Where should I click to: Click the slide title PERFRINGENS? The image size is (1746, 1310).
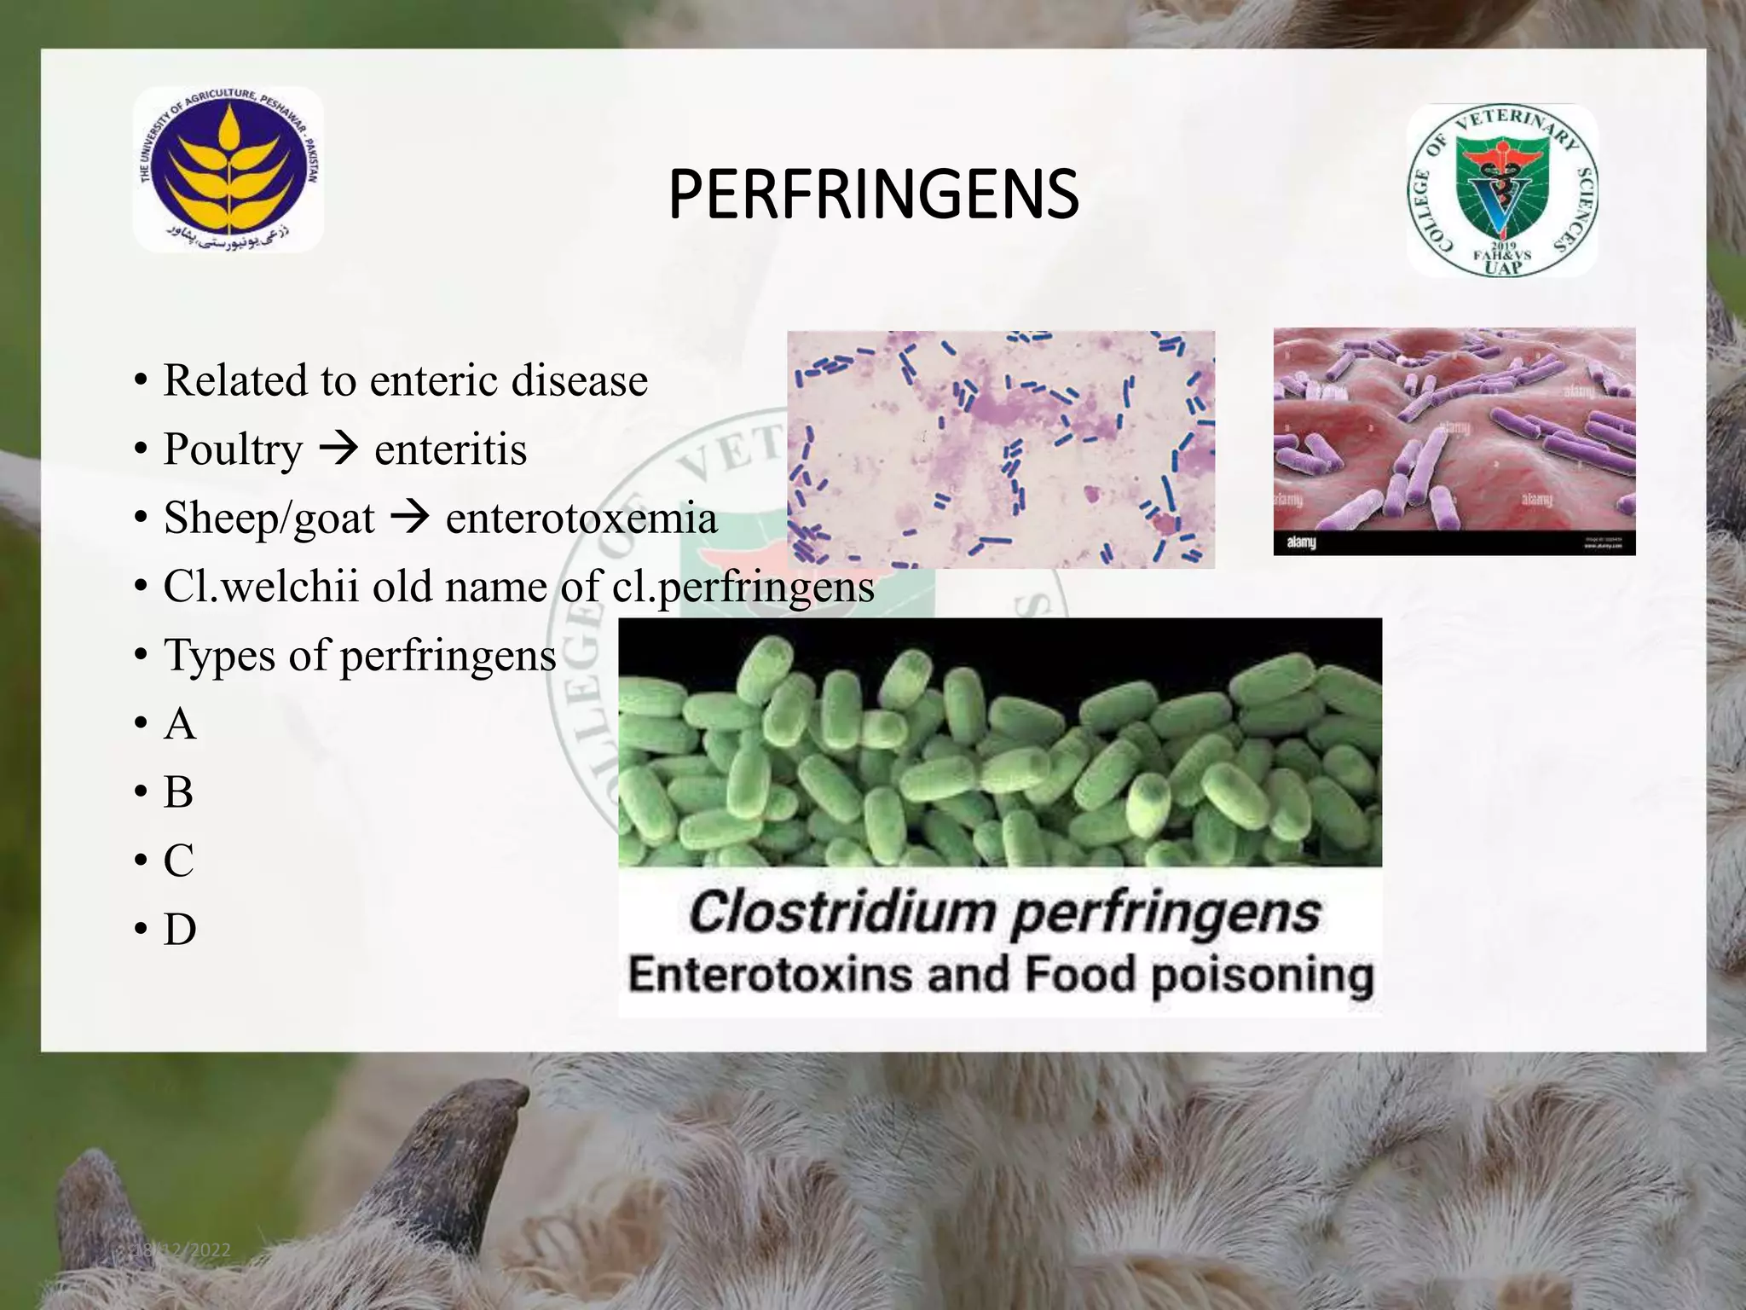[x=873, y=195]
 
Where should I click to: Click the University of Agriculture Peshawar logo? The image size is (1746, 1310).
[x=228, y=170]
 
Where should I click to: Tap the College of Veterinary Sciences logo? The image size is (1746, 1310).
[x=1502, y=191]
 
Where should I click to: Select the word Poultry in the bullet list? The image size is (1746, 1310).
[x=233, y=449]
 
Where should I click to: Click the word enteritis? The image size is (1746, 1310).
[x=450, y=449]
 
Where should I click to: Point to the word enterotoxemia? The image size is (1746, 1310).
[x=581, y=519]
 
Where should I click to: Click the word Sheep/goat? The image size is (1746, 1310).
[x=269, y=519]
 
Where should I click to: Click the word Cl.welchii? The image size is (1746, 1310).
[x=261, y=587]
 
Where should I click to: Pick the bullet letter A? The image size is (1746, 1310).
[x=180, y=724]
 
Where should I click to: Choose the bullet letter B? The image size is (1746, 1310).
[x=179, y=792]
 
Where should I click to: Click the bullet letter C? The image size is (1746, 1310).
[x=179, y=861]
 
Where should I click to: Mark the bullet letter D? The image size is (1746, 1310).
[x=180, y=929]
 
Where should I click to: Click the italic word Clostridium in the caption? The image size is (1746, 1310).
[x=841, y=913]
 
